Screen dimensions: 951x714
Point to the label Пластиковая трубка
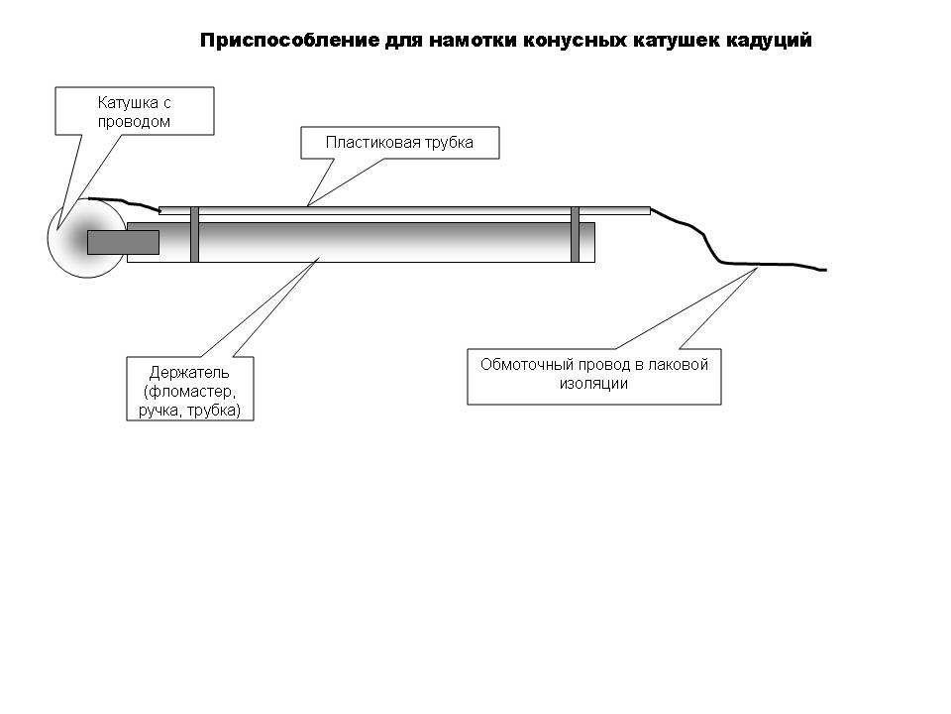399,143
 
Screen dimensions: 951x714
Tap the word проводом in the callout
134,122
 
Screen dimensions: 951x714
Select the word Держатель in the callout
189,372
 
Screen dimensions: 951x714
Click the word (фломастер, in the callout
190,392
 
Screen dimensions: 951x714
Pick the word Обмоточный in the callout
526,365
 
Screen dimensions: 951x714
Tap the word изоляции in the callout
593,384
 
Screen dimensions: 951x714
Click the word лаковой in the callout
678,365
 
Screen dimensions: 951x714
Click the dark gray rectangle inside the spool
123,242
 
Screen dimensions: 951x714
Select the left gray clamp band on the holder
195,234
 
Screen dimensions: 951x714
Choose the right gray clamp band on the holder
575,234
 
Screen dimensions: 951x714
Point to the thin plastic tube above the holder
404,210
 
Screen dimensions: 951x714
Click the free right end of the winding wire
826,270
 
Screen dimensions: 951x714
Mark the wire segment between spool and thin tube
125,202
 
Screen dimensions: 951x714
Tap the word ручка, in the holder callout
160,411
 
